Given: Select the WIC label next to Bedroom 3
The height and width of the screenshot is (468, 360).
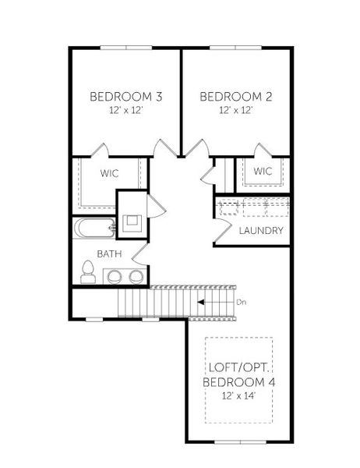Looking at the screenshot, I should [108, 173].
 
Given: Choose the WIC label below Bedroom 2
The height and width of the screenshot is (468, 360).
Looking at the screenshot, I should [263, 171].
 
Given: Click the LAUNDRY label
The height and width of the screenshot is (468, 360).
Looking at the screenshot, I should [261, 231].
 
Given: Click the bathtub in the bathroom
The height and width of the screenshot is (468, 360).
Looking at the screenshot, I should [94, 228].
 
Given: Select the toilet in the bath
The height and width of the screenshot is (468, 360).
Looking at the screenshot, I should [88, 273].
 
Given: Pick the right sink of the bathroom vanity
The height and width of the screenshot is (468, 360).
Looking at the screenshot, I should [136, 276].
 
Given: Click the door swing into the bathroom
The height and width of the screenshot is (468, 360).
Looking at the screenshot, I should [140, 252].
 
